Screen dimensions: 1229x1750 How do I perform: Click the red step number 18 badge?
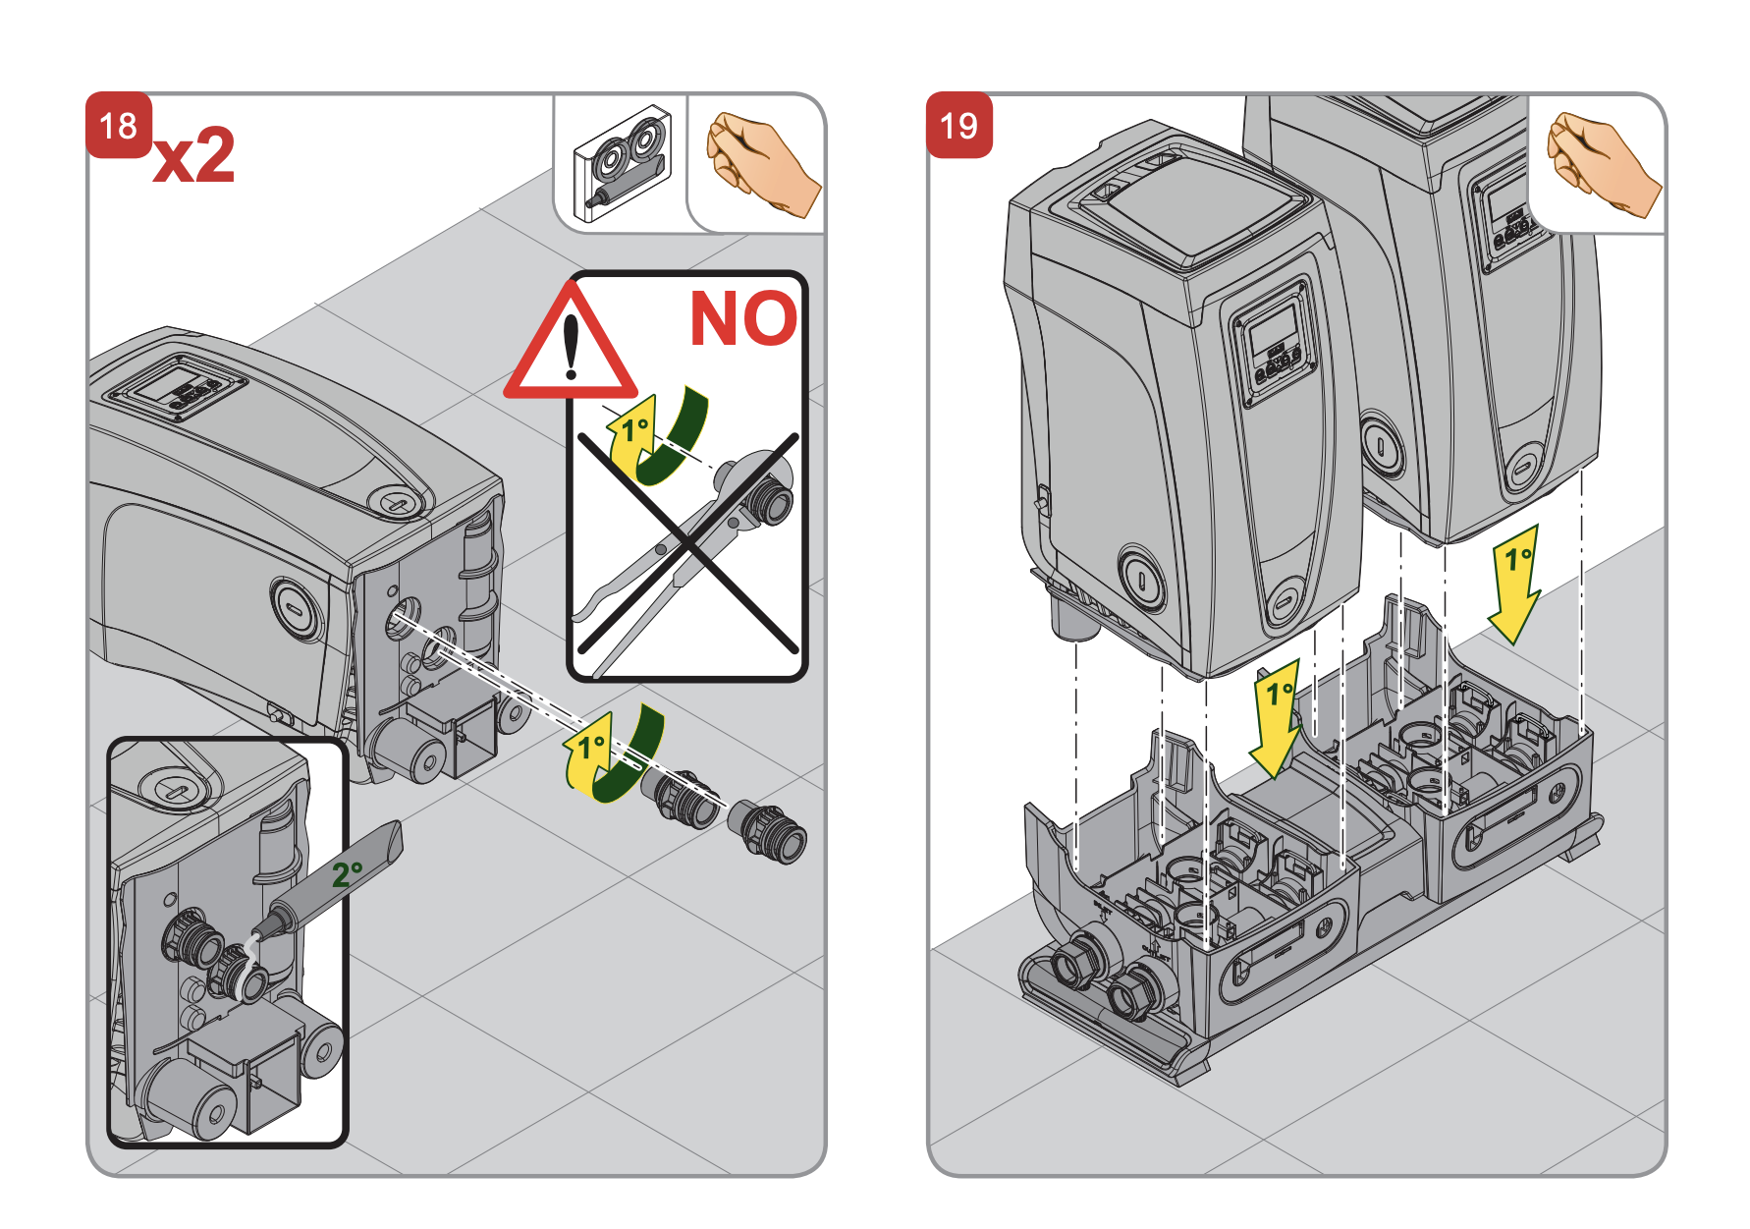pos(119,125)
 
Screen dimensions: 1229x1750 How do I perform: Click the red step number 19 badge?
pos(958,125)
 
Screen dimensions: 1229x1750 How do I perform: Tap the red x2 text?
pos(194,156)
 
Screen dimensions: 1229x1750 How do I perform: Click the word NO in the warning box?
pos(743,318)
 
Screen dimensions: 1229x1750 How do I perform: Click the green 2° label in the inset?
pos(347,873)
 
